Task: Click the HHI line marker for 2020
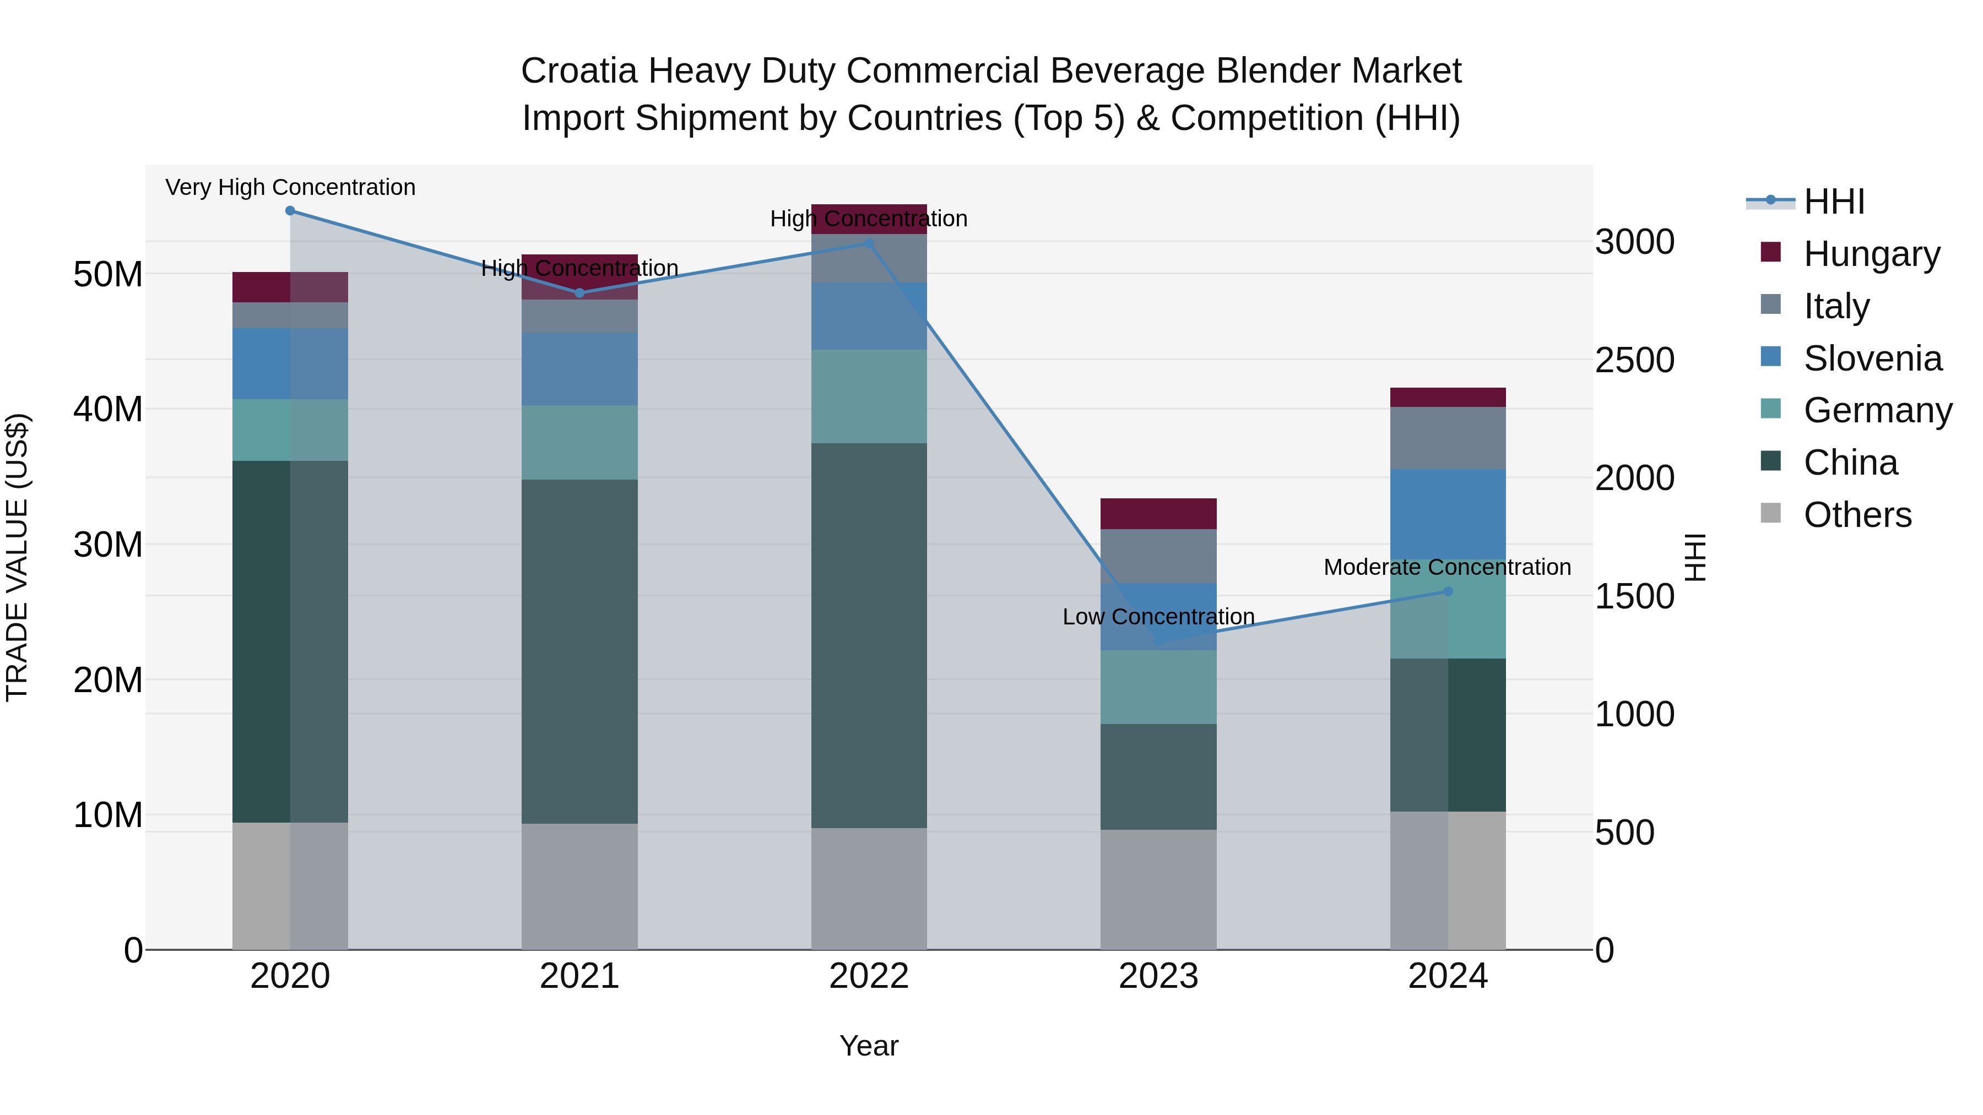pyautogui.click(x=290, y=211)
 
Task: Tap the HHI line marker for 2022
pyautogui.click(x=869, y=243)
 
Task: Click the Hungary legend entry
pyautogui.click(x=1871, y=254)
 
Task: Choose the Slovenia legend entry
pyautogui.click(x=1872, y=358)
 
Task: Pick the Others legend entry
pyautogui.click(x=1857, y=515)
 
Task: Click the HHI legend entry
pyautogui.click(x=1834, y=202)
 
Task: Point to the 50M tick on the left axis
pyautogui.click(x=108, y=275)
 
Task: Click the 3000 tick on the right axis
pyautogui.click(x=1634, y=242)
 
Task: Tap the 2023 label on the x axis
pyautogui.click(x=1158, y=976)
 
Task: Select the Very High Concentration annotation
pyautogui.click(x=290, y=187)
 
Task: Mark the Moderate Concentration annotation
pyautogui.click(x=1447, y=567)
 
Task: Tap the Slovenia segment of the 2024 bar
pyautogui.click(x=1448, y=514)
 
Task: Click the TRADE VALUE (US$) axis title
pyautogui.click(x=17, y=557)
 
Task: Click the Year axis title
pyautogui.click(x=869, y=1046)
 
